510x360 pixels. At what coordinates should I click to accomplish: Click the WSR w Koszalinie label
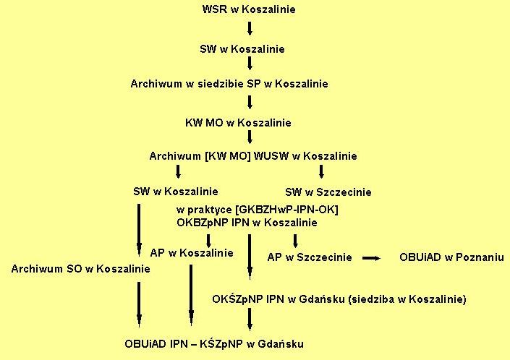tap(250, 9)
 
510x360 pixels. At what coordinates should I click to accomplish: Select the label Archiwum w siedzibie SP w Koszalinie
tap(229, 84)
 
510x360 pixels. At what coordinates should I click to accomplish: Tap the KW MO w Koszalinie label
tap(238, 123)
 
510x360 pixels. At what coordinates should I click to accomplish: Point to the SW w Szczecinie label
tap(328, 192)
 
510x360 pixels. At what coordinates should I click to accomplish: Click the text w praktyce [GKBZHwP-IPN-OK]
tap(258, 210)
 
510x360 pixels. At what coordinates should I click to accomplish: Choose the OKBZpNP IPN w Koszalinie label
tap(247, 223)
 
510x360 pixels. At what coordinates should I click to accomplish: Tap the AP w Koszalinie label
tap(192, 253)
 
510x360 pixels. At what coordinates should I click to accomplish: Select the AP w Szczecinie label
tap(310, 257)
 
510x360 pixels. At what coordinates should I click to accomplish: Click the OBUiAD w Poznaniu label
tap(451, 257)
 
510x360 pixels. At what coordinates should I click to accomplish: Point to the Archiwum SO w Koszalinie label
tap(81, 269)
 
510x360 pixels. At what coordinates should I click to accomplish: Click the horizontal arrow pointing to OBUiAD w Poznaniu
tap(372, 257)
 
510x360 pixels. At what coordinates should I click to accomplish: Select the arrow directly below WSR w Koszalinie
tap(250, 29)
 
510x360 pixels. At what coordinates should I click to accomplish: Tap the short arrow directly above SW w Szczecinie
tap(322, 171)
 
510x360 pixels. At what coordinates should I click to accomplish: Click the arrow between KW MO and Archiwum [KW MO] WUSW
tap(250, 138)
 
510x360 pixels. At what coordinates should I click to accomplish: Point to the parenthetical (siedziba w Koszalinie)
tap(407, 299)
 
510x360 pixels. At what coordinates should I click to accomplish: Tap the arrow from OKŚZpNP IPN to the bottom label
tap(250, 320)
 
